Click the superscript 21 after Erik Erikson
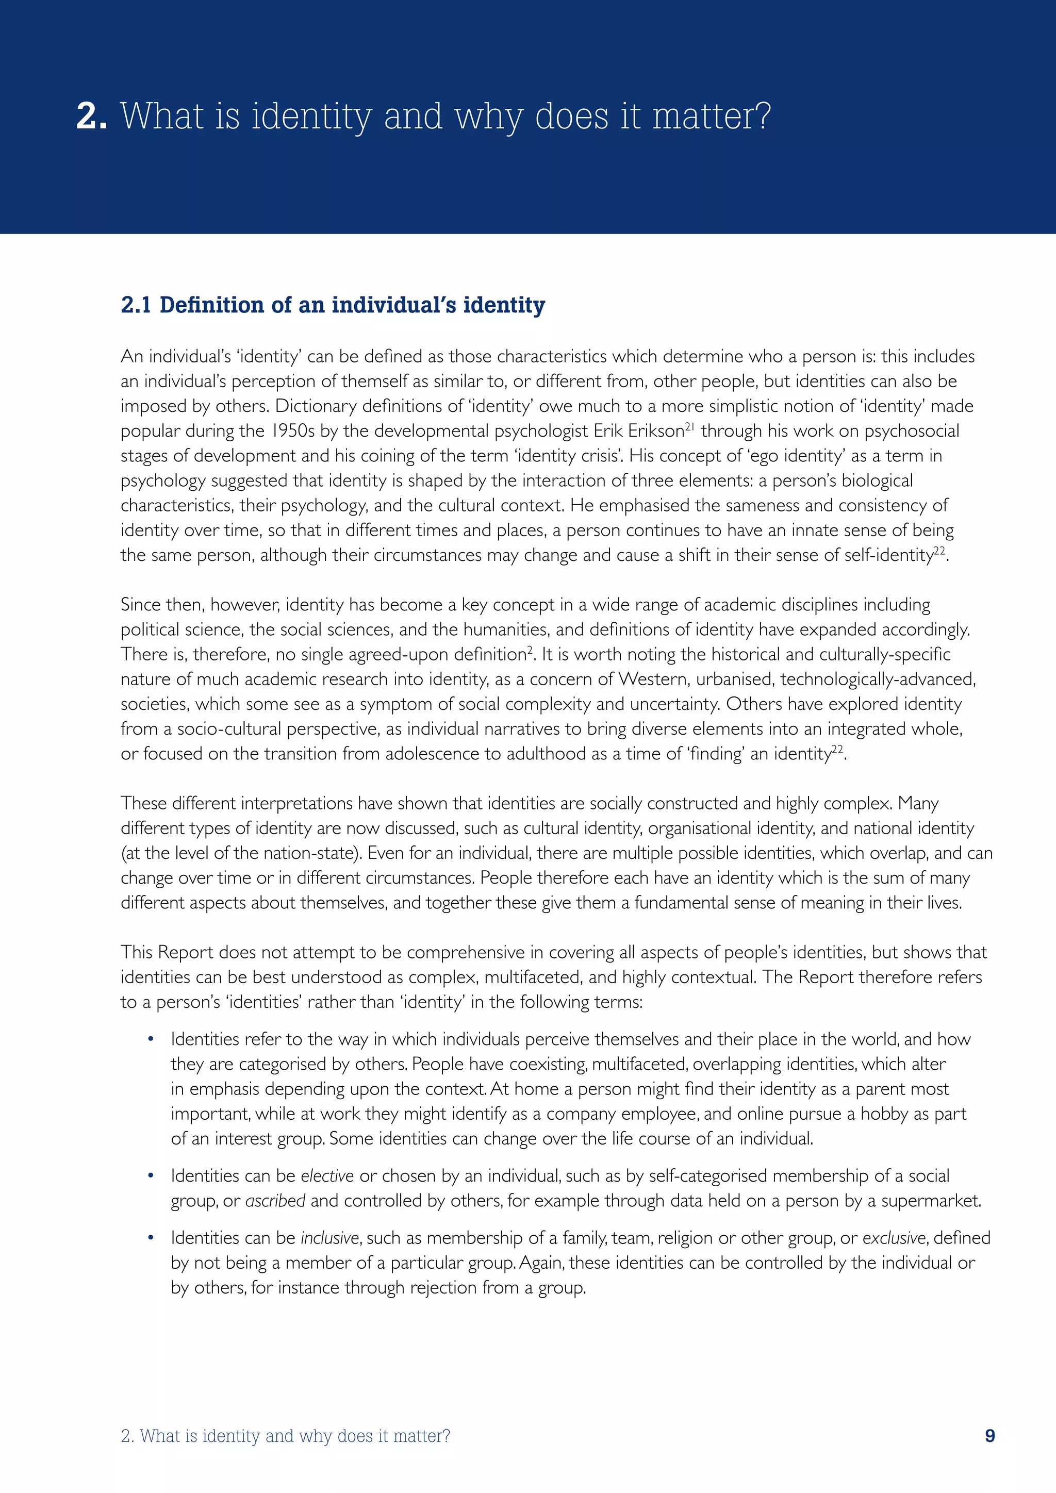690,426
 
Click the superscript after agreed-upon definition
530,650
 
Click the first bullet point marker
151,1040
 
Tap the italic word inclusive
329,1238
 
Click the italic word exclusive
894,1238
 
